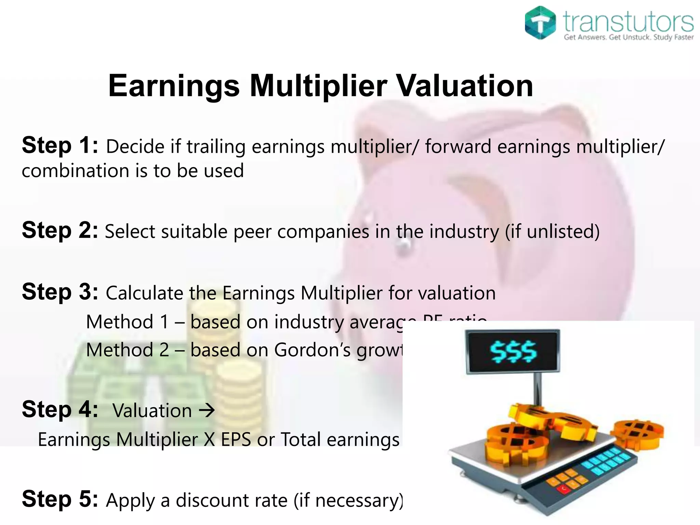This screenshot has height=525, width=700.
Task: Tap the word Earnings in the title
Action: click(x=174, y=86)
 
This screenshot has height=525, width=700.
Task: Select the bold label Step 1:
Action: click(x=60, y=146)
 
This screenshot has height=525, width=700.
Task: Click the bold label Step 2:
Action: click(x=60, y=230)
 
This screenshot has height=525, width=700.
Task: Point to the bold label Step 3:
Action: click(x=60, y=292)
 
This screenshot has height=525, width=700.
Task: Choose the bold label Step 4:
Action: click(x=60, y=409)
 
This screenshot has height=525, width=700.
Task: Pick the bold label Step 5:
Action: click(x=60, y=499)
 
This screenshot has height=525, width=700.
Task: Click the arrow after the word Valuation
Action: click(x=207, y=410)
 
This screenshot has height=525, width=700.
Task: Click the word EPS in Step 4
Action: click(x=236, y=440)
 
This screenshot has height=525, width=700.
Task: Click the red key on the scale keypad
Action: click(x=563, y=489)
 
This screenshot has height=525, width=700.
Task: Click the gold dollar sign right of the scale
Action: click(x=638, y=433)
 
